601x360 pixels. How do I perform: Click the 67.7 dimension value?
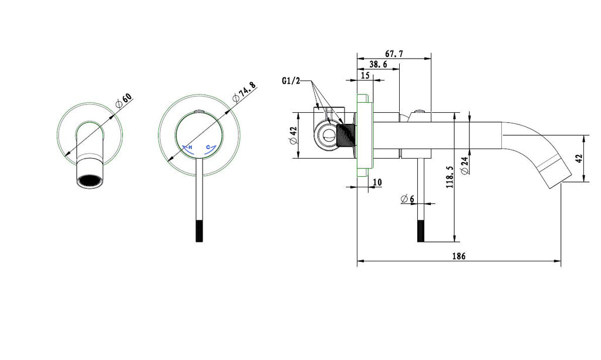click(x=394, y=53)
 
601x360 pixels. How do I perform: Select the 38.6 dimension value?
click(x=379, y=65)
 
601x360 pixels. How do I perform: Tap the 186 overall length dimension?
click(x=459, y=256)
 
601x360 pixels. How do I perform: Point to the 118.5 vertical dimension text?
click(x=450, y=177)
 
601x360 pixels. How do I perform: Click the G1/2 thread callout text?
click(x=291, y=81)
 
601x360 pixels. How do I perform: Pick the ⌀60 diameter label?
click(x=124, y=100)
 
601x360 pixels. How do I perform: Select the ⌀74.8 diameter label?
click(x=244, y=92)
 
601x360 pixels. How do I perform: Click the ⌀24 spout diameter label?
click(x=465, y=166)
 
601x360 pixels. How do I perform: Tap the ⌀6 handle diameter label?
click(x=407, y=199)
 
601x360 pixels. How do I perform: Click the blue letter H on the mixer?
click(x=190, y=147)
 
